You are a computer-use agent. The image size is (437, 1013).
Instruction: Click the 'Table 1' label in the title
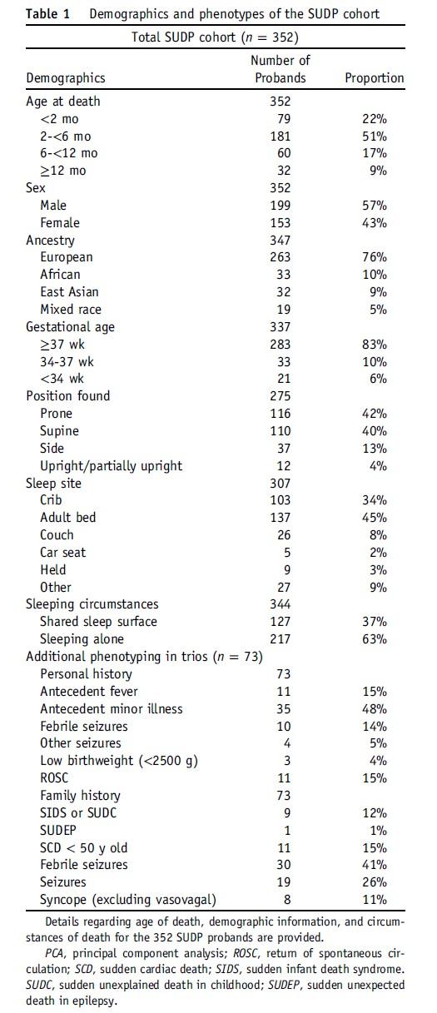(x=48, y=13)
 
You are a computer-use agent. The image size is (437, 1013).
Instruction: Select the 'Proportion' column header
(x=374, y=77)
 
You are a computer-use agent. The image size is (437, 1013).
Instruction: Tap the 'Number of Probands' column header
(x=281, y=69)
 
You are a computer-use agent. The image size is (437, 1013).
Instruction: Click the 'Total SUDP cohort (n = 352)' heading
(x=215, y=37)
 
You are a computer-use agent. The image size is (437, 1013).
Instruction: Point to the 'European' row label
(x=67, y=257)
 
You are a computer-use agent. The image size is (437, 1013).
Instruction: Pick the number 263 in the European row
(x=280, y=257)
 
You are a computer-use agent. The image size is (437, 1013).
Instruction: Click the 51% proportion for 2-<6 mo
(x=374, y=137)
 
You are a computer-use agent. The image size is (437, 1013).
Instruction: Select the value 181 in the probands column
(x=280, y=137)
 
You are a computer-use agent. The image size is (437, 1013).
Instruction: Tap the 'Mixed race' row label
(x=71, y=310)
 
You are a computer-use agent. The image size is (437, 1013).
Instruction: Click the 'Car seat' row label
(x=63, y=552)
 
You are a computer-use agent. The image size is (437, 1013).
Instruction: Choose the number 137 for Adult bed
(x=280, y=518)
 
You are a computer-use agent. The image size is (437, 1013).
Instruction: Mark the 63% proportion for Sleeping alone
(x=374, y=639)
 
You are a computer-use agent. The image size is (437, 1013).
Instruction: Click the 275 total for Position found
(x=280, y=396)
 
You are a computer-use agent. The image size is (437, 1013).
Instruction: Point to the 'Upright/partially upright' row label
(x=112, y=466)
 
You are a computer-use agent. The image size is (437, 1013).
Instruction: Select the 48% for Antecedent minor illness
(x=374, y=708)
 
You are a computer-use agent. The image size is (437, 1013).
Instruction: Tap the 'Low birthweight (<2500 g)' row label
(x=119, y=761)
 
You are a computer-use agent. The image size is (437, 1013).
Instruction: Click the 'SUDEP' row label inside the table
(x=58, y=831)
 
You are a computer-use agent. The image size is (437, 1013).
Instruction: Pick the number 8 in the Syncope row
(x=287, y=900)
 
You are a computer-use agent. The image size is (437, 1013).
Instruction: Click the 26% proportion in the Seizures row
(x=374, y=881)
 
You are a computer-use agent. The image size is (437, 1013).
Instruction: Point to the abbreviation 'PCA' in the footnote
(x=56, y=953)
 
